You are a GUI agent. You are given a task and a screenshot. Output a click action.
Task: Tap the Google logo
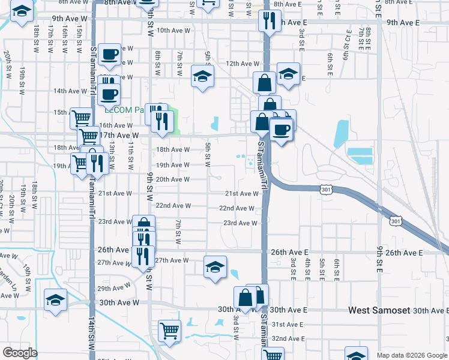tap(20, 353)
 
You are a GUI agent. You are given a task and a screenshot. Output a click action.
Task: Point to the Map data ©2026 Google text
tap(412, 355)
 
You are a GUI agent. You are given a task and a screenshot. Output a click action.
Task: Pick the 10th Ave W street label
tap(172, 30)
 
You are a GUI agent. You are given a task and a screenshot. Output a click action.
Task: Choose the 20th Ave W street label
tap(173, 179)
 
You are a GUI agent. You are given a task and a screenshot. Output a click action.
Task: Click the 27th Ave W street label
tap(172, 260)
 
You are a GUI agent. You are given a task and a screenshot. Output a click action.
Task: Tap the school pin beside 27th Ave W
tap(215, 267)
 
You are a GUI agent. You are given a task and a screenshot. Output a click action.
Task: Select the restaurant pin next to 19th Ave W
tap(95, 163)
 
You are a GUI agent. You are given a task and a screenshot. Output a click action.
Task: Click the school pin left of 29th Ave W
tap(55, 299)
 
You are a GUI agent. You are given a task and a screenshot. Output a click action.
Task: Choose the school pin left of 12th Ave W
tap(203, 76)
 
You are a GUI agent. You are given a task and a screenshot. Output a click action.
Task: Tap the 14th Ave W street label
tap(70, 91)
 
